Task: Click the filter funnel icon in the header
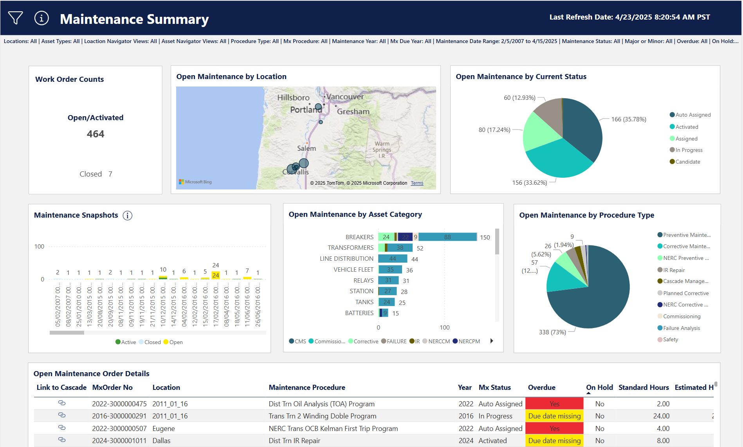tap(16, 18)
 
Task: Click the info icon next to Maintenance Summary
tap(41, 18)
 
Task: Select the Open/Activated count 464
tap(96, 134)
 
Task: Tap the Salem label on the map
tap(306, 148)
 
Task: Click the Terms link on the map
tap(417, 183)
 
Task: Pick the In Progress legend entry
tap(689, 150)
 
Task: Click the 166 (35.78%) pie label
tap(628, 119)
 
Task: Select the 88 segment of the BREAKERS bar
tap(447, 237)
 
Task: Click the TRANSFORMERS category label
tap(350, 248)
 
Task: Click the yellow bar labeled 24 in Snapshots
tap(216, 275)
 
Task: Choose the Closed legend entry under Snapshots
tap(152, 342)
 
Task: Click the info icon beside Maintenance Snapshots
tap(128, 215)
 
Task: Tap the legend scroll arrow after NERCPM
tap(492, 341)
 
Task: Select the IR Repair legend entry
tap(674, 270)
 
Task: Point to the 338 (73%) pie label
tap(552, 332)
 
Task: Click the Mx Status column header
tap(494, 388)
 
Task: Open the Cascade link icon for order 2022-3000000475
tap(62, 403)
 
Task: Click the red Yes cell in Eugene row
tap(554, 428)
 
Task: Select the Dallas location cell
tap(161, 441)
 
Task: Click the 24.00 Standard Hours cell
tap(661, 416)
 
